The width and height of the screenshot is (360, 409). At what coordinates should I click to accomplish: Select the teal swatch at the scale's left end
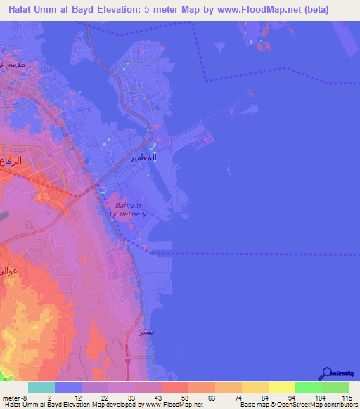(41, 388)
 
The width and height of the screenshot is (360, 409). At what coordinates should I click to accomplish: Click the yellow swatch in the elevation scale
(281, 388)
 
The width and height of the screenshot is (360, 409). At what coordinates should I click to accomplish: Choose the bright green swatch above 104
(308, 388)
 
